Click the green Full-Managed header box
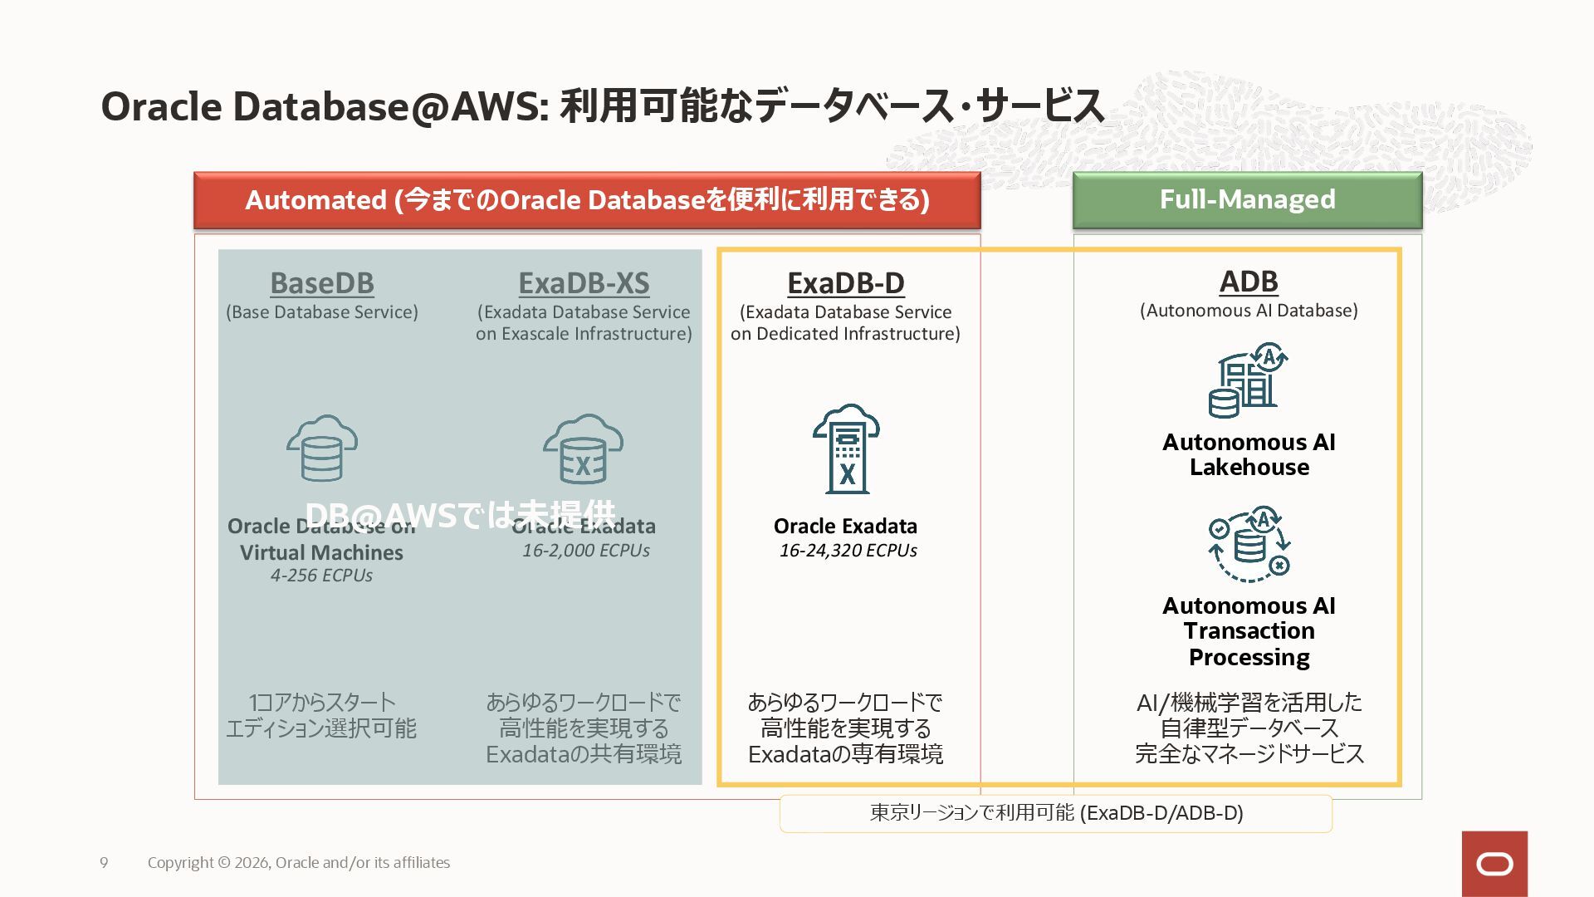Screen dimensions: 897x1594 coord(1247,200)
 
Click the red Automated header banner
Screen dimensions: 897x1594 coord(587,200)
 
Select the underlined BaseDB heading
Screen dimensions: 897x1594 coord(322,283)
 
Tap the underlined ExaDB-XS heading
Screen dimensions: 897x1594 coord(584,283)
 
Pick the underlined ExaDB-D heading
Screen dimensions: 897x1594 coord(846,283)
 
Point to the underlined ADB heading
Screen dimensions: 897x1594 coord(1249,282)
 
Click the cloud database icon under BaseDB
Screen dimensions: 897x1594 coord(322,448)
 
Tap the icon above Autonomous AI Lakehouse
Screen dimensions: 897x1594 coord(1248,380)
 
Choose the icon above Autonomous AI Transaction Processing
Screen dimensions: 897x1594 coord(1249,544)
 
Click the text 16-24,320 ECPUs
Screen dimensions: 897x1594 coord(848,551)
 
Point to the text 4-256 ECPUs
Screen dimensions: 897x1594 coord(321,576)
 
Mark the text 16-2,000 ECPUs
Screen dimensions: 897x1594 coord(585,551)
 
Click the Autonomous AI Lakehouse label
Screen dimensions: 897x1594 coord(1249,454)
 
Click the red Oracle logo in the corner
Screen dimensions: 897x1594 coord(1494,864)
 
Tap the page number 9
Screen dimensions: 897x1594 coord(104,863)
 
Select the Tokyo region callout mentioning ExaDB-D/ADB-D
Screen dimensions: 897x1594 coord(1056,813)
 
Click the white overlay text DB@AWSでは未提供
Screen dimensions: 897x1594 coord(461,515)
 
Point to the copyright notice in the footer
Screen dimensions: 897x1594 coord(299,863)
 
